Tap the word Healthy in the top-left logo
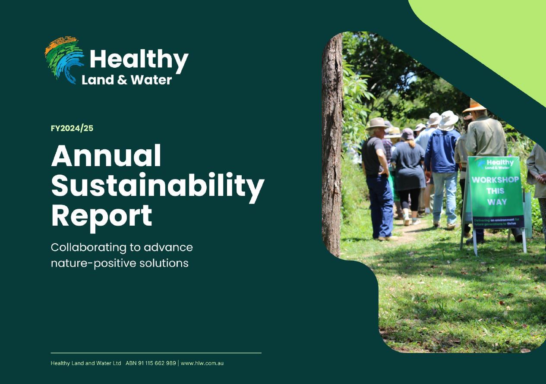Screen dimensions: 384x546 click(139, 60)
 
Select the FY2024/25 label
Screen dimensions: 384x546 click(72, 128)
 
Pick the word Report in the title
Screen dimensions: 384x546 click(101, 215)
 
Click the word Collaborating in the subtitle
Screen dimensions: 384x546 click(87, 248)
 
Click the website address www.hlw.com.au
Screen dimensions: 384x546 click(202, 363)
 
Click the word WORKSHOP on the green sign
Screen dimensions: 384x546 click(495, 179)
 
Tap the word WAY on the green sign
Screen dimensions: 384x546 click(497, 202)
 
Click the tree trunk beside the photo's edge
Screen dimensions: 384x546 click(332, 142)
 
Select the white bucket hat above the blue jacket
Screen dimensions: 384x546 click(448, 119)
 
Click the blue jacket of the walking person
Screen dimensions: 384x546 click(442, 151)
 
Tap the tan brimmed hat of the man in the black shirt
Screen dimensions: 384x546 click(377, 124)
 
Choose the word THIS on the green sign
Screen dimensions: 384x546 click(495, 191)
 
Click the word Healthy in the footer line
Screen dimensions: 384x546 click(60, 363)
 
